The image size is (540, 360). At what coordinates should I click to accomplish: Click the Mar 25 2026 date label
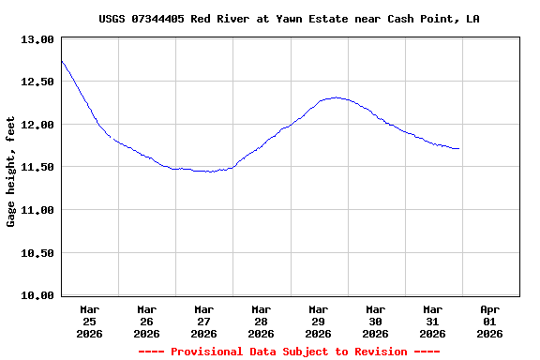(90, 321)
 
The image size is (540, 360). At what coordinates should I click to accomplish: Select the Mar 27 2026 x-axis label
(203, 321)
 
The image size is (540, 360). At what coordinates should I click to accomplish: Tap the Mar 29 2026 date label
(318, 321)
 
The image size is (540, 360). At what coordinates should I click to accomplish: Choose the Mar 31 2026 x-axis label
(432, 321)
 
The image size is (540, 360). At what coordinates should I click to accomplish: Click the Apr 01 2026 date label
(489, 321)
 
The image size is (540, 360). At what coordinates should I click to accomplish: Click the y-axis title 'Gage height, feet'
(11, 172)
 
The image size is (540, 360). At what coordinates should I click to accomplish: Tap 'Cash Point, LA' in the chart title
(434, 19)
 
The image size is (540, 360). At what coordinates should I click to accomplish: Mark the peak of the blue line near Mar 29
(337, 97)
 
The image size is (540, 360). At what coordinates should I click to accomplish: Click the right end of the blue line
(458, 148)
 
